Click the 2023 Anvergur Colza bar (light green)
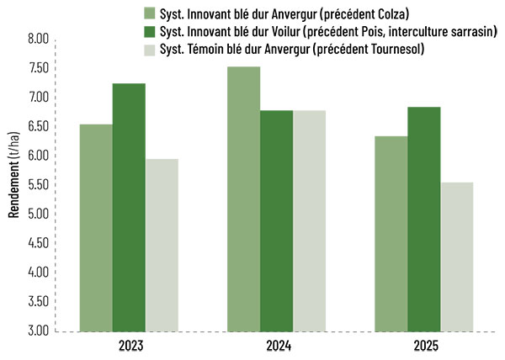[96, 227]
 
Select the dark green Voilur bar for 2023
[129, 207]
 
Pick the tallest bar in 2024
[244, 199]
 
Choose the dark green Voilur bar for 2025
[424, 219]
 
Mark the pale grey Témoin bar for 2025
[457, 257]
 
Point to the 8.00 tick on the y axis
[39, 40]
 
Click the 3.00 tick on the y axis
[39, 331]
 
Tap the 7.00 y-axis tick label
[39, 98]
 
